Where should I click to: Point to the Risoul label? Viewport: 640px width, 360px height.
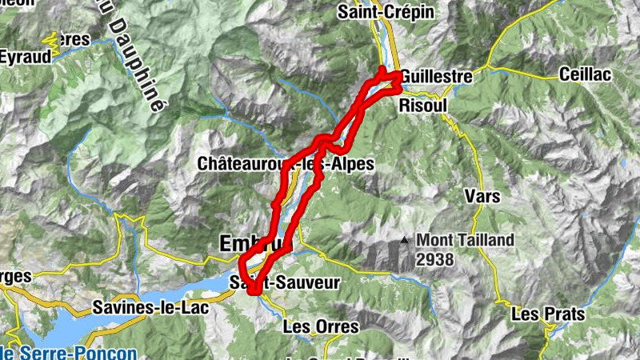tap(421, 104)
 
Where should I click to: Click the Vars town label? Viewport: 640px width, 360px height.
tap(482, 196)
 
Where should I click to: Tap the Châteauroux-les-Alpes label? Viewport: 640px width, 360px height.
tap(286, 163)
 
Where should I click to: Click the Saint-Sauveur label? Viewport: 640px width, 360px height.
tap(285, 282)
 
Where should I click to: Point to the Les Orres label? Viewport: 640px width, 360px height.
tap(320, 326)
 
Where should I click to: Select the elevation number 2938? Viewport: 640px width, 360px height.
tap(434, 259)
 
